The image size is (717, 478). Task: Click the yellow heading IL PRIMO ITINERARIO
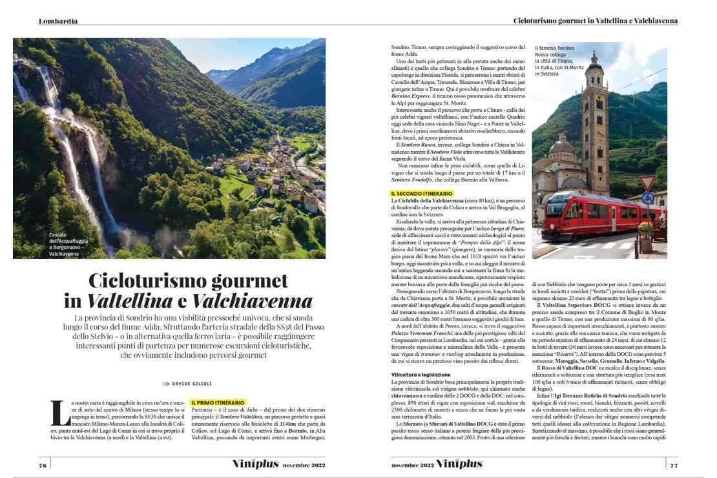218,402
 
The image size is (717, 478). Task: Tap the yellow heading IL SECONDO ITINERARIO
422,193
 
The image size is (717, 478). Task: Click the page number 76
43,464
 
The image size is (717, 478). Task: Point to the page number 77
673,464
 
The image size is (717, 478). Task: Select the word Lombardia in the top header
58,21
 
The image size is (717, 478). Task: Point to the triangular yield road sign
647,183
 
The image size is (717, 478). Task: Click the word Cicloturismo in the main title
152,282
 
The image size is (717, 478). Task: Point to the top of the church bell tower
594,57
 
